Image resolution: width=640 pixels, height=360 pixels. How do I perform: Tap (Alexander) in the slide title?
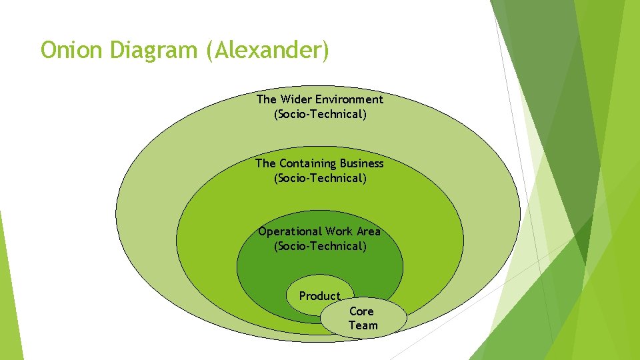268,50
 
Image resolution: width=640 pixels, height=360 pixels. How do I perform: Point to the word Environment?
349,99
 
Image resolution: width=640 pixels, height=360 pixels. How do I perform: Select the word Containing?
308,163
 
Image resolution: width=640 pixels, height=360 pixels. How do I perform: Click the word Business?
362,163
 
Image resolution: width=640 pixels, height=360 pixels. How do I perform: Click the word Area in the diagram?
369,231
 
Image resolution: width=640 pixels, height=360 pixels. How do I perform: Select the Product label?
319,296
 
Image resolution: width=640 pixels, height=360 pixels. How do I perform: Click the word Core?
361,311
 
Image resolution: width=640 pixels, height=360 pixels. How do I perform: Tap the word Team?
363,325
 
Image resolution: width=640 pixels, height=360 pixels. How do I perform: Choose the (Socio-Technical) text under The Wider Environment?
320,114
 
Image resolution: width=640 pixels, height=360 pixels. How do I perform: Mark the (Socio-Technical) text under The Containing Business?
320,178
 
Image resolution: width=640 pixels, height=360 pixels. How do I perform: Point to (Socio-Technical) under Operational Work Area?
320,246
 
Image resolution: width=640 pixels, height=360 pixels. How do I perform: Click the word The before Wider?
266,99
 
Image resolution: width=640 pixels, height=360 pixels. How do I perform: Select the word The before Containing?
265,163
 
